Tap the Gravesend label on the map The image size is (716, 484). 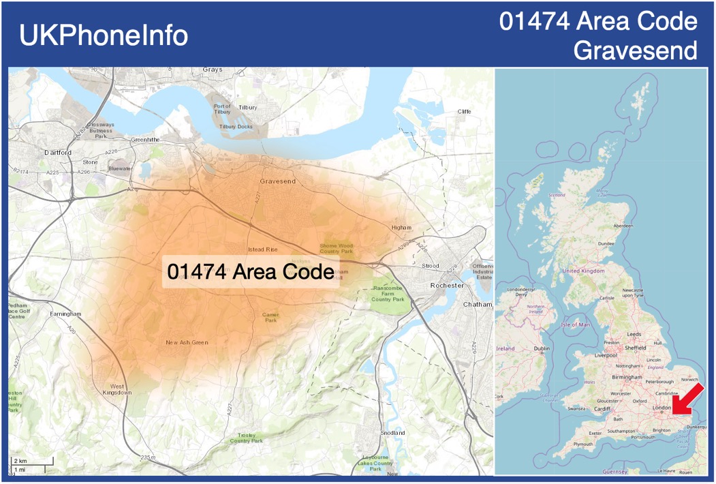pyautogui.click(x=278, y=181)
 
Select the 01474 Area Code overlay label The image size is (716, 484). pyautogui.click(x=250, y=272)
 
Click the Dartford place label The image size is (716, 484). pyautogui.click(x=57, y=153)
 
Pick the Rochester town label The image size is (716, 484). pyautogui.click(x=447, y=285)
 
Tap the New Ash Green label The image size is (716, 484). pyautogui.click(x=187, y=342)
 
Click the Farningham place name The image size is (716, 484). pyautogui.click(x=65, y=314)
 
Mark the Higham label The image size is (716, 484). pyautogui.click(x=402, y=228)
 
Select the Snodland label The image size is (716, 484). pyautogui.click(x=392, y=433)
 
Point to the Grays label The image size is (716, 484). pyautogui.click(x=213, y=70)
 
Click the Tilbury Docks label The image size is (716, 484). pyautogui.click(x=236, y=127)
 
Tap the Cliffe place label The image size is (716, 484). pyautogui.click(x=464, y=112)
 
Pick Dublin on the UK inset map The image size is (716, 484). pyautogui.click(x=542, y=348)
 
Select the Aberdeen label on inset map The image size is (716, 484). pyautogui.click(x=623, y=226)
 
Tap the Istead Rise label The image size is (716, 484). pyautogui.click(x=263, y=249)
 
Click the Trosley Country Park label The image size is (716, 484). pyautogui.click(x=246, y=438)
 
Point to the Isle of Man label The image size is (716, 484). pyautogui.click(x=576, y=324)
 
